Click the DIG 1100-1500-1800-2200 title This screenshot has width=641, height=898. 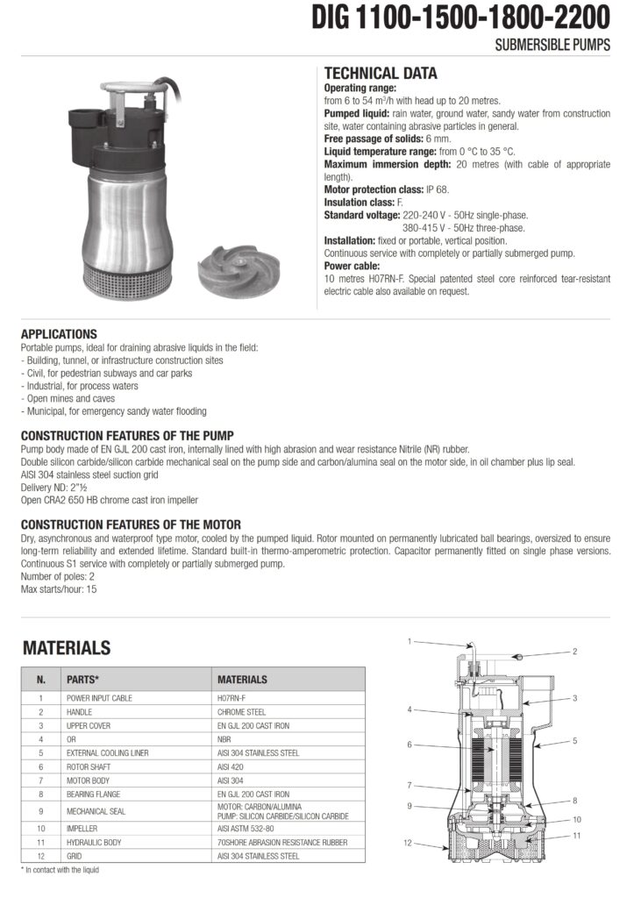[461, 18]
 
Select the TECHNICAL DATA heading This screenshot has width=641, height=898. [381, 74]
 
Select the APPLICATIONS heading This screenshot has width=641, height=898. [59, 334]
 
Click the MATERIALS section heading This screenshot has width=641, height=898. [67, 648]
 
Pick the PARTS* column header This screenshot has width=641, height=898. [82, 679]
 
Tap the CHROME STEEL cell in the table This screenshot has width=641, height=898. [241, 712]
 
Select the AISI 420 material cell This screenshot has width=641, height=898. [231, 766]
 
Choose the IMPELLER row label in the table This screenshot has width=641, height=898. [82, 828]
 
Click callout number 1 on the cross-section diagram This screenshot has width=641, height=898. [410, 641]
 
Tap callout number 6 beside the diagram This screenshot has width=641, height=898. [410, 745]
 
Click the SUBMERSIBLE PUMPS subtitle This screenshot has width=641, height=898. [552, 46]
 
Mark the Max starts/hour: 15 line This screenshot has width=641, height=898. [58, 589]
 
